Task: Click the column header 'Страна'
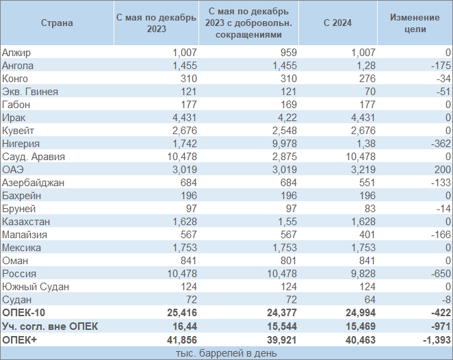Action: pyautogui.click(x=56, y=23)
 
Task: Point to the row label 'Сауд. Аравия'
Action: pyautogui.click(x=34, y=157)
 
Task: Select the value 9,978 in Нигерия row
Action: pyautogui.click(x=283, y=144)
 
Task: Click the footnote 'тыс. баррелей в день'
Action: pyautogui.click(x=226, y=352)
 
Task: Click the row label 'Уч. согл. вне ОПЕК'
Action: pyautogui.click(x=50, y=326)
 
